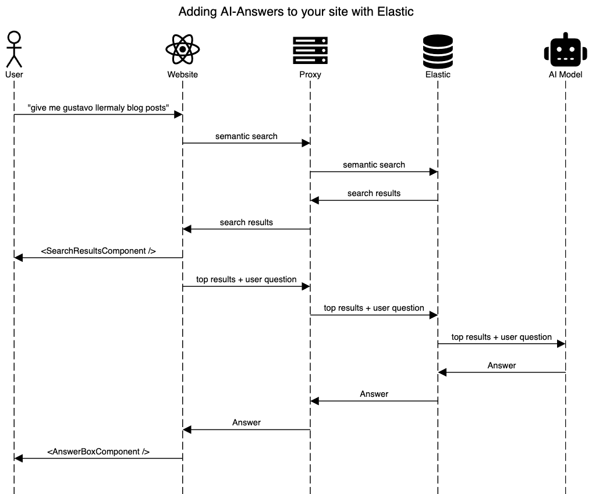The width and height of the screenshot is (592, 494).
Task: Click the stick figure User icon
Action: (14, 49)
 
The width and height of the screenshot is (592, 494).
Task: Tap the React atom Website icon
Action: (182, 49)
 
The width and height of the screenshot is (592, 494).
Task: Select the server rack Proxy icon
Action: (310, 50)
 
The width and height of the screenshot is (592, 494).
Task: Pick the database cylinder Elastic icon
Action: (438, 50)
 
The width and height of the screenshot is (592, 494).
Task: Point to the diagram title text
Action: (296, 12)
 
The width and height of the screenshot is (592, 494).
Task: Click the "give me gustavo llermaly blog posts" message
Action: (98, 108)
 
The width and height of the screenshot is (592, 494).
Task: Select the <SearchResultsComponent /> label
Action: (98, 251)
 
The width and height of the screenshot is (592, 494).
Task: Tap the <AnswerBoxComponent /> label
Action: (98, 451)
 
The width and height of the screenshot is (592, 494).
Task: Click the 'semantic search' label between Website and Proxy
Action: (246, 136)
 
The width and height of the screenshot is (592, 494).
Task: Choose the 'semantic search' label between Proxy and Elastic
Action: (374, 165)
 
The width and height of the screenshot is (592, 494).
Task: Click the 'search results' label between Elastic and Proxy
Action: (374, 193)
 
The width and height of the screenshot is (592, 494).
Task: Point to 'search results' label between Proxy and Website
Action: (246, 222)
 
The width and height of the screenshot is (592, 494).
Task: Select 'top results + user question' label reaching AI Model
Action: (501, 337)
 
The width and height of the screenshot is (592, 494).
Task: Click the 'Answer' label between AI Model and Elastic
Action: (501, 365)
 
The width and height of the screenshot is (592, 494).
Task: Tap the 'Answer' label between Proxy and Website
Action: (246, 422)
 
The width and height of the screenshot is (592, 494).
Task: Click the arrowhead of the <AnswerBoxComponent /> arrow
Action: (18, 459)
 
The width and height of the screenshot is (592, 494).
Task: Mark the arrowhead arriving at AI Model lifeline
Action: (561, 344)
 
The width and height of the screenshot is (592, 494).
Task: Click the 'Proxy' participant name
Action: (310, 74)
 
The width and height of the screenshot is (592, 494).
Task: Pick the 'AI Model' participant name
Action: (565, 74)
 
